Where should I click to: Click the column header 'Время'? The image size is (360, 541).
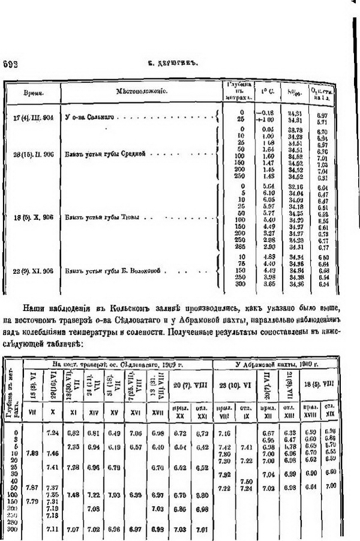point(32,94)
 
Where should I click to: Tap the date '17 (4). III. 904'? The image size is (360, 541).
point(33,117)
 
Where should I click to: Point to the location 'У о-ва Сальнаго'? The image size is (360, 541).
point(89,117)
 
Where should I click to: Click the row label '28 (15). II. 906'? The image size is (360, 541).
point(34,154)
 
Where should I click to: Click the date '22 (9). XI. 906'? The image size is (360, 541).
point(34,271)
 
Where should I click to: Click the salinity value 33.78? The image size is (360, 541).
point(295,130)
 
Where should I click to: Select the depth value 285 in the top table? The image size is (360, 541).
point(242,247)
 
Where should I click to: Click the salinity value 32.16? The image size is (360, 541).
point(295,187)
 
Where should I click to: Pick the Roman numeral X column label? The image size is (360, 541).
point(53,413)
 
